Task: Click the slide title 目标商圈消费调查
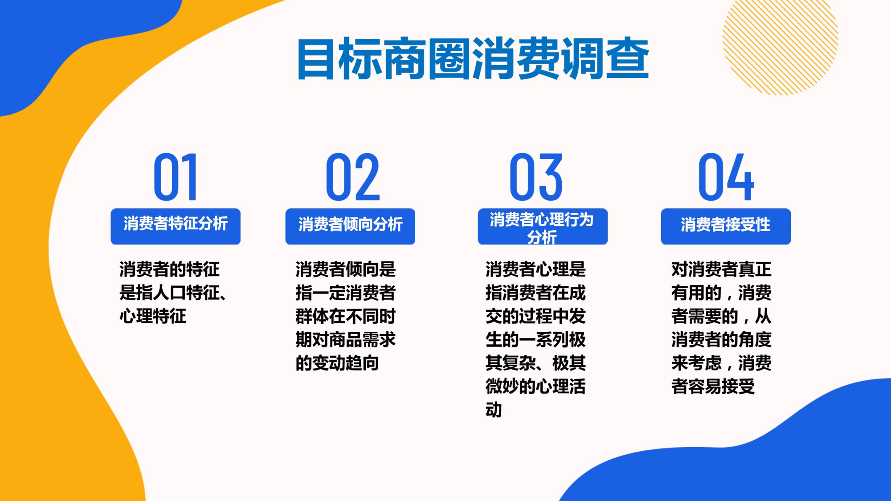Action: (473, 59)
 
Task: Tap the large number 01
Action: (176, 177)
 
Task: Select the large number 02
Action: (352, 177)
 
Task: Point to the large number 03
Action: (536, 177)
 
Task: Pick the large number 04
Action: (726, 177)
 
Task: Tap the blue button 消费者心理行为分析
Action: (542, 227)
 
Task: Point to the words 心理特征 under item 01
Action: (153, 316)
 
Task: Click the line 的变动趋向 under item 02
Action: (337, 363)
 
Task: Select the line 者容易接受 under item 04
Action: (713, 387)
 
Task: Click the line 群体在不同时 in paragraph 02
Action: (345, 316)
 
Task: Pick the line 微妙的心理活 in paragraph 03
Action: (535, 387)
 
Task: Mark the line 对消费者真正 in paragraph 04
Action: (721, 269)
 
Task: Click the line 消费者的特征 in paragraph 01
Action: (169, 269)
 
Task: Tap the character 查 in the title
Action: (627, 59)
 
